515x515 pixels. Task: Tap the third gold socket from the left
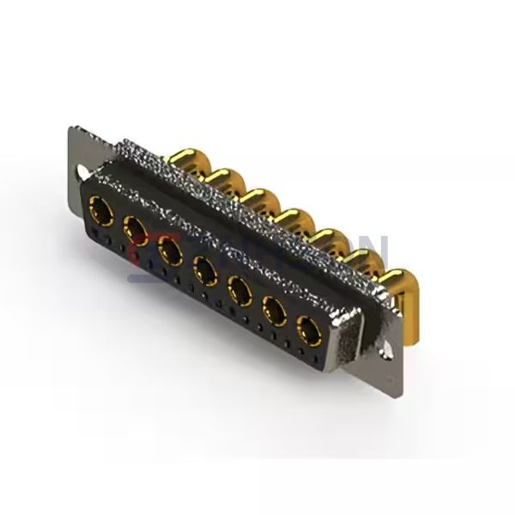tap(169, 250)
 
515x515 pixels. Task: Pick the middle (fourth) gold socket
tap(204, 270)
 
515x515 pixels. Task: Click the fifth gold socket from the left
tap(239, 290)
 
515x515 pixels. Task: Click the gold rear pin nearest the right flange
tap(397, 284)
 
